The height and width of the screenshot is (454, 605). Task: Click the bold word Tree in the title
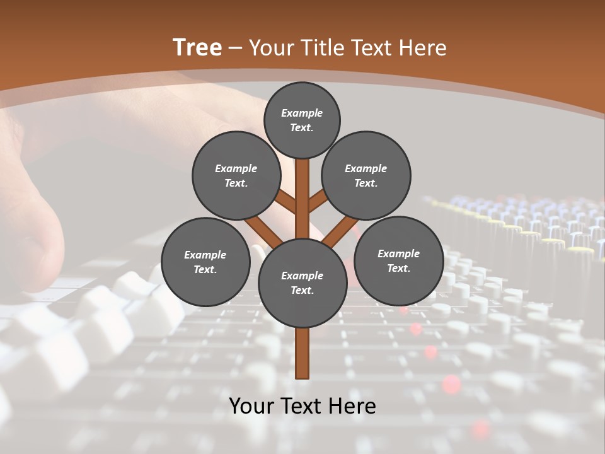197,47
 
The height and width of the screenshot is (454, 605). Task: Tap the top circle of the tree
302,120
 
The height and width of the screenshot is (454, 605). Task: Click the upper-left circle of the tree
236,175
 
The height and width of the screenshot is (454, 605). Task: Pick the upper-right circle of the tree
366,175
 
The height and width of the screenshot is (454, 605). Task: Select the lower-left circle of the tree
205,262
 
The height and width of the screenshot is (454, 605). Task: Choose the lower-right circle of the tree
398,260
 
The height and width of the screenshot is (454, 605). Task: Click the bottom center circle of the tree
302,283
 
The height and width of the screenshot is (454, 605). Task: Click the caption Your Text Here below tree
302,406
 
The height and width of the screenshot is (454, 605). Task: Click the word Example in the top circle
302,113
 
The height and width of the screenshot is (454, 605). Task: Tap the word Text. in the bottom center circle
302,291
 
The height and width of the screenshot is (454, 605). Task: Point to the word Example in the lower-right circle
398,253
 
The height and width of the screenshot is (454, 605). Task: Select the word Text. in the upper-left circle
236,183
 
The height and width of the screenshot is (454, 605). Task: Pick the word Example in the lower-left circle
205,255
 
